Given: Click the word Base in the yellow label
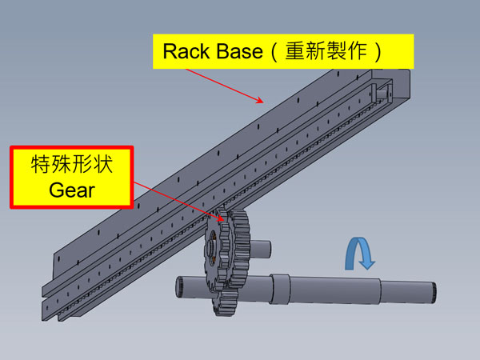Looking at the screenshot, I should coord(236,52).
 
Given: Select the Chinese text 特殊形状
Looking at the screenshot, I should coord(70,166).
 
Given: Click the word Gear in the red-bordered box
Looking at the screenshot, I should coord(70,190).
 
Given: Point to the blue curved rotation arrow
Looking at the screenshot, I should coord(358,254).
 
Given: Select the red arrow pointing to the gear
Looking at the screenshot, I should coord(176,196).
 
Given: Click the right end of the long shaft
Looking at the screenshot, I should coord(433,293).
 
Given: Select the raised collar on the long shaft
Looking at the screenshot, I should coord(279,287).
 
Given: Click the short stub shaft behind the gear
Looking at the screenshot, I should coord(261,249).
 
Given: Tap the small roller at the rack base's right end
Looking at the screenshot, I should coord(386,91).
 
